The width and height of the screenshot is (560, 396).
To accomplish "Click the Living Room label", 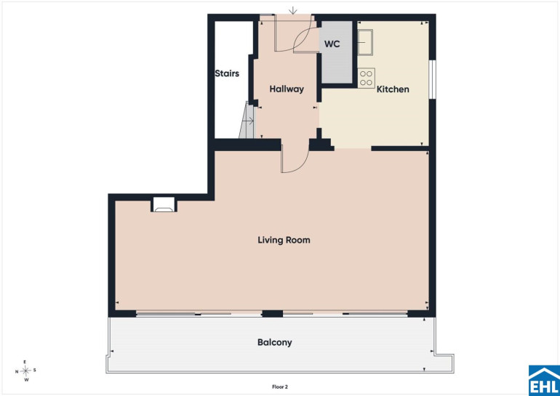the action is (x=284, y=240).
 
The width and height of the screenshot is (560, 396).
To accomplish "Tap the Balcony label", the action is (x=275, y=342).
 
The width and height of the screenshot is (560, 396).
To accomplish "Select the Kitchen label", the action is (x=393, y=89).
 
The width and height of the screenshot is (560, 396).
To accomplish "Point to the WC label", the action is (x=332, y=44).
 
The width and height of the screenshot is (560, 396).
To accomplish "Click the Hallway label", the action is (x=287, y=89).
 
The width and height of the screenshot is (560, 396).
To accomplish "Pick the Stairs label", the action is (x=227, y=73).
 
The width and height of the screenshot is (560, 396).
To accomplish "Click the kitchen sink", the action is (x=365, y=42).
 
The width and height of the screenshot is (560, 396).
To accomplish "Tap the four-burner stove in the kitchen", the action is (x=366, y=78).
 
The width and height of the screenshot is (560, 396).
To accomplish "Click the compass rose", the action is (x=25, y=371).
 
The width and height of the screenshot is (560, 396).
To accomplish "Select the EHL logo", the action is (x=544, y=381).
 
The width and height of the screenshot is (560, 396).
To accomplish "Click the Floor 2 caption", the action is (x=280, y=387).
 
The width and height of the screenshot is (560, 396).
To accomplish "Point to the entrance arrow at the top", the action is (x=293, y=10).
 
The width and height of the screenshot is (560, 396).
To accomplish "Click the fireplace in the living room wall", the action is (x=164, y=205).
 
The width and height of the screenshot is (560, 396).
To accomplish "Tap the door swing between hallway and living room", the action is (x=295, y=159).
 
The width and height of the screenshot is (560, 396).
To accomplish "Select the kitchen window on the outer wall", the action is (x=432, y=79).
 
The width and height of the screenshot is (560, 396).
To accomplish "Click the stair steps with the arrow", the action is (x=247, y=120).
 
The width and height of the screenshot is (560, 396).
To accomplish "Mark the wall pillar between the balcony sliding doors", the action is (x=273, y=314).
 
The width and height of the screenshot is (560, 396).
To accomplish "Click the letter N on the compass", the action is (x=17, y=371).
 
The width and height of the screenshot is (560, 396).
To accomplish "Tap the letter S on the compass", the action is (x=35, y=370).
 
